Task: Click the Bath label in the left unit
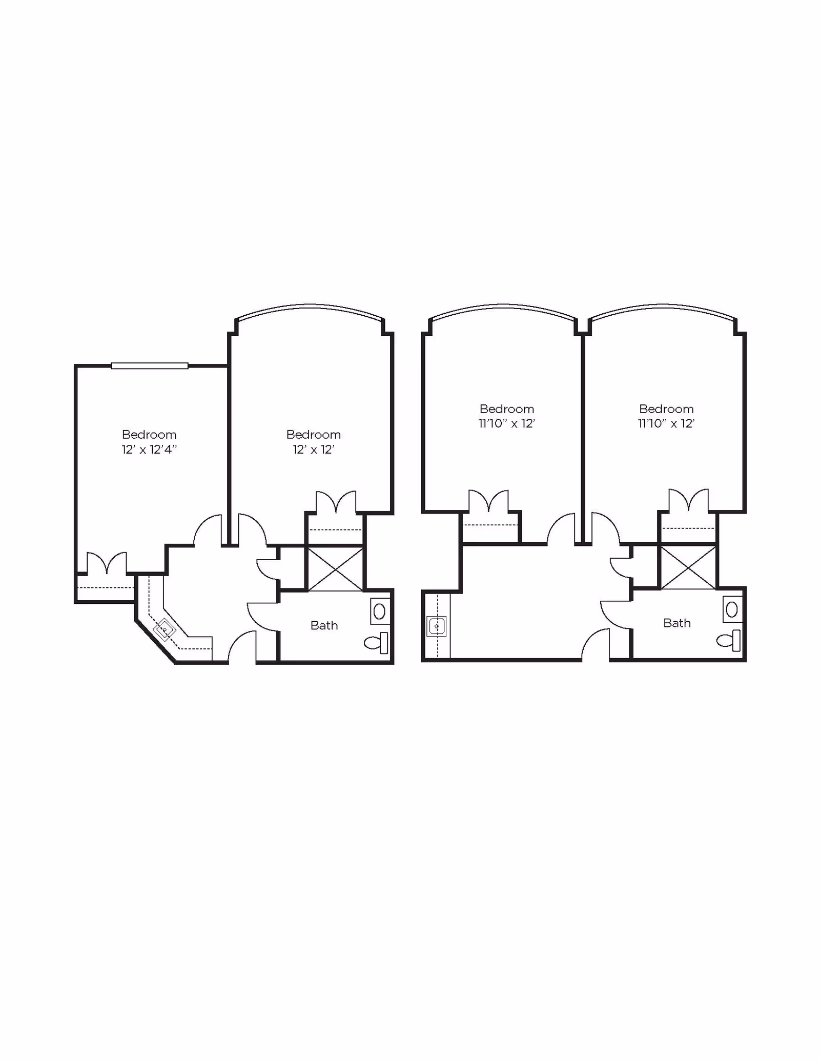[324, 625]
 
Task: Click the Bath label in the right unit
[676, 623]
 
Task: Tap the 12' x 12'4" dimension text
[149, 450]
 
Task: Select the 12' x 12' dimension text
[314, 450]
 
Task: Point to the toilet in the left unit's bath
[377, 643]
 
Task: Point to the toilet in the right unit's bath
[729, 640]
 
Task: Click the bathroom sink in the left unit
[380, 611]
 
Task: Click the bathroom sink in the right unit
[732, 609]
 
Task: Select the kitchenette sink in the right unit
[436, 626]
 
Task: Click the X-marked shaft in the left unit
[335, 569]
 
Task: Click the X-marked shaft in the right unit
[688, 567]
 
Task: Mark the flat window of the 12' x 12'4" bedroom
[150, 365]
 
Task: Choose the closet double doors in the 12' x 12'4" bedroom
[107, 563]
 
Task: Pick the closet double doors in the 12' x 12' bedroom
[336, 502]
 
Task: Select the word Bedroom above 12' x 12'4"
[149, 435]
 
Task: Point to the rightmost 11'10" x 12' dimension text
[666, 423]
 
